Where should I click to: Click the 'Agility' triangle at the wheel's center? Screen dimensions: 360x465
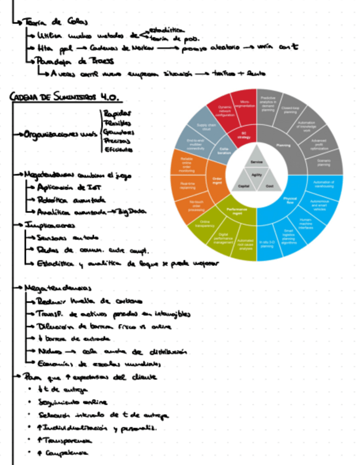pyautogui.click(x=257, y=174)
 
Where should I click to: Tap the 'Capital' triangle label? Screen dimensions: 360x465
pyautogui.click(x=244, y=186)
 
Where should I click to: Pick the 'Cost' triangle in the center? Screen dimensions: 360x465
pyautogui.click(x=270, y=186)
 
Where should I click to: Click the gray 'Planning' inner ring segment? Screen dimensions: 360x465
pyautogui.click(x=284, y=146)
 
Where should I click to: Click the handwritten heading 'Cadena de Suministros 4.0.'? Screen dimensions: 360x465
pyautogui.click(x=65, y=98)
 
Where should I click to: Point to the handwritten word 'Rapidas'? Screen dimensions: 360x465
pyautogui.click(x=114, y=114)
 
